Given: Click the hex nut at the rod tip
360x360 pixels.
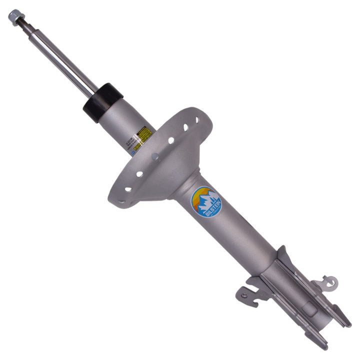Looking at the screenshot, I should point(14,16).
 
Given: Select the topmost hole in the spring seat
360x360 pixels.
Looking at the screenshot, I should point(197,120).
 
